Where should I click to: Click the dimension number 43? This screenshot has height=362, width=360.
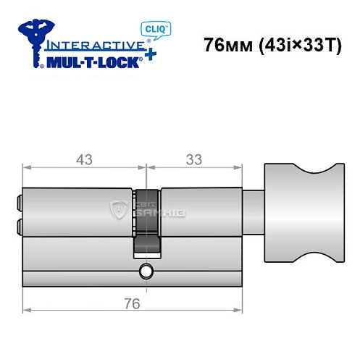tap(85, 160)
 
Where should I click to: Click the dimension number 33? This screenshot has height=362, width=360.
tap(193, 160)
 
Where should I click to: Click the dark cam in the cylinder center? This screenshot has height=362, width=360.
tap(147, 224)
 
